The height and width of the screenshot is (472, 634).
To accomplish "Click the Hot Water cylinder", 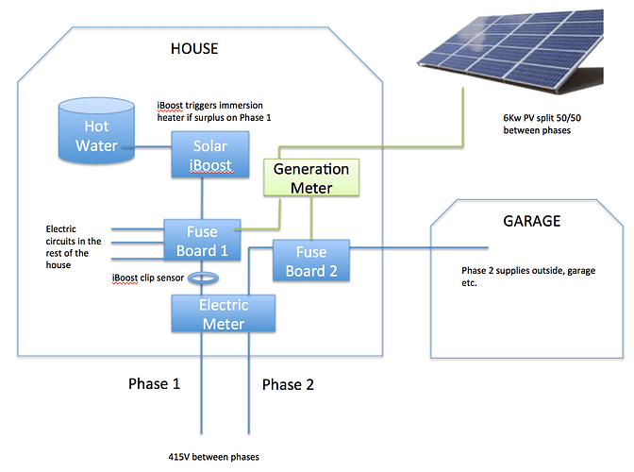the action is [x=96, y=130].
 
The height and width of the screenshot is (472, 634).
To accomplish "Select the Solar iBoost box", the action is [x=210, y=155].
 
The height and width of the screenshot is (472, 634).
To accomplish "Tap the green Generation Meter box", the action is [x=311, y=177].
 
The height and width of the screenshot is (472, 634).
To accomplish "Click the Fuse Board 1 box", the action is [x=202, y=240].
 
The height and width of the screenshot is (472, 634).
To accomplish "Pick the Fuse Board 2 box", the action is [x=311, y=261].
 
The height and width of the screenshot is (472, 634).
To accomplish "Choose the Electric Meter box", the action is [x=224, y=313].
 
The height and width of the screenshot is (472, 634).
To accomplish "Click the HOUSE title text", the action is [x=194, y=48].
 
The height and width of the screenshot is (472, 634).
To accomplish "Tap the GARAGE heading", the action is [x=532, y=221].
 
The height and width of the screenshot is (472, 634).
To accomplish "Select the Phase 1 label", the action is [x=154, y=384].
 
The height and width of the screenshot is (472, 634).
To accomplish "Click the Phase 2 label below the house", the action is [x=288, y=384].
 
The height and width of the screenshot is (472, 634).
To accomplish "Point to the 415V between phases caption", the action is [x=213, y=457].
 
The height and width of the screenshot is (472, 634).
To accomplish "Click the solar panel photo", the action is [x=510, y=51].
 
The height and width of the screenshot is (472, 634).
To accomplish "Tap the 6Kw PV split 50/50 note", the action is [x=542, y=124].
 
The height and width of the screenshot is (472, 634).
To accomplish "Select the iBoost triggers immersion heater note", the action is [x=214, y=111].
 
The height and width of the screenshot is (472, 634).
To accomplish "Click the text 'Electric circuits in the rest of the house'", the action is [x=74, y=246].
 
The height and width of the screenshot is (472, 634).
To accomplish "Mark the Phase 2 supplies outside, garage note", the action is [x=528, y=277].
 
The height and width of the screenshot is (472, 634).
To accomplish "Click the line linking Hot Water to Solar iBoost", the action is [x=153, y=147].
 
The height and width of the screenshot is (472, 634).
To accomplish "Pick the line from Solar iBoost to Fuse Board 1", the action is [x=202, y=198].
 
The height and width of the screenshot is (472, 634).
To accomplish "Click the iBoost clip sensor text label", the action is [x=147, y=278].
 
